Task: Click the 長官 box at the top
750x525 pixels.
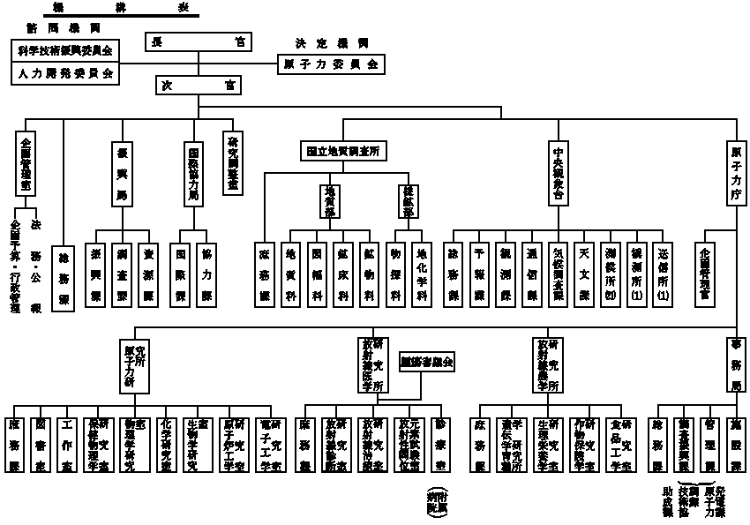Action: tap(199, 42)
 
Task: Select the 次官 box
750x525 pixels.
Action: tap(199, 85)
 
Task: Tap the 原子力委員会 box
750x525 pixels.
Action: tap(330, 64)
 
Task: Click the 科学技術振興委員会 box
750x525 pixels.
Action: tap(67, 49)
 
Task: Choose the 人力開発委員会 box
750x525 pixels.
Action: tap(67, 74)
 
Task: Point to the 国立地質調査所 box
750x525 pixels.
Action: tap(342, 151)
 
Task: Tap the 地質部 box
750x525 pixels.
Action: tap(330, 199)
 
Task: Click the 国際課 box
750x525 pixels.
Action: tap(179, 273)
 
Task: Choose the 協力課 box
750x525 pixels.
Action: tap(206, 273)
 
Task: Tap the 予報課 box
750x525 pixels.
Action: tap(479, 273)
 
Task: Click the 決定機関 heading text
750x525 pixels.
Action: tap(331, 42)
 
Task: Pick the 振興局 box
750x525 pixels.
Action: tap(121, 171)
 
